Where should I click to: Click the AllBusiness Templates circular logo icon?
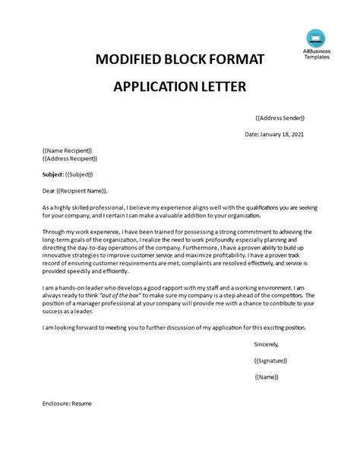click(x=314, y=37)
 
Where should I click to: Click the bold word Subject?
click(x=55, y=174)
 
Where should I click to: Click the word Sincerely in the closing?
click(x=270, y=344)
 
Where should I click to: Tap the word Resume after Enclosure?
click(x=81, y=404)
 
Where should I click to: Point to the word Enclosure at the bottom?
click(x=56, y=404)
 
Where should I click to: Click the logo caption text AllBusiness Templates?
click(x=314, y=58)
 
